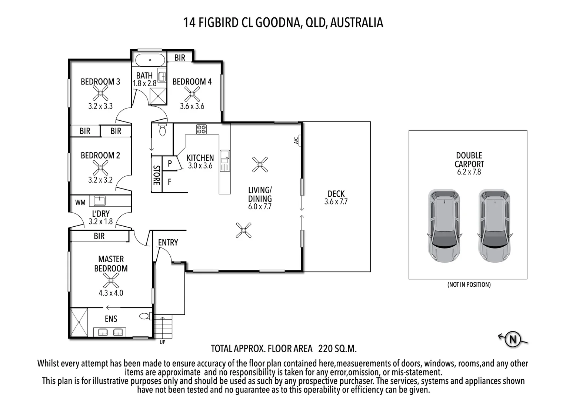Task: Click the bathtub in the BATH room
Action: pyautogui.click(x=150, y=60)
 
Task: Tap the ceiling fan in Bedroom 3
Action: pyautogui.click(x=100, y=93)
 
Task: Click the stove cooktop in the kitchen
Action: pyautogui.click(x=202, y=129)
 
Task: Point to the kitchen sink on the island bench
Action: pyautogui.click(x=224, y=161)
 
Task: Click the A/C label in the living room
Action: pyautogui.click(x=296, y=140)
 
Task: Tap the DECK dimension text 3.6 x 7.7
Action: pyautogui.click(x=336, y=201)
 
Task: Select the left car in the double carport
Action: pyautogui.click(x=444, y=226)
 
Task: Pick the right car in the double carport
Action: pyautogui.click(x=495, y=226)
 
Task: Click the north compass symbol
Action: pyautogui.click(x=513, y=339)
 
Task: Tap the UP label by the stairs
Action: pyautogui.click(x=163, y=342)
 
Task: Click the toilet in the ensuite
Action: pyautogui.click(x=145, y=316)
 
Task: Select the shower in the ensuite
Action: pyautogui.click(x=79, y=322)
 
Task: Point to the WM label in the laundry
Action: pyautogui.click(x=80, y=202)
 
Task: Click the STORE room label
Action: pyautogui.click(x=157, y=175)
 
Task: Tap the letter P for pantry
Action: pyautogui.click(x=170, y=163)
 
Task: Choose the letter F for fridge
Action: pyautogui.click(x=170, y=182)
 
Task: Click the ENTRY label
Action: pyautogui.click(x=168, y=243)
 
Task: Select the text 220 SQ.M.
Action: pyautogui.click(x=337, y=349)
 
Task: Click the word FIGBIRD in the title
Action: pyautogui.click(x=218, y=23)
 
